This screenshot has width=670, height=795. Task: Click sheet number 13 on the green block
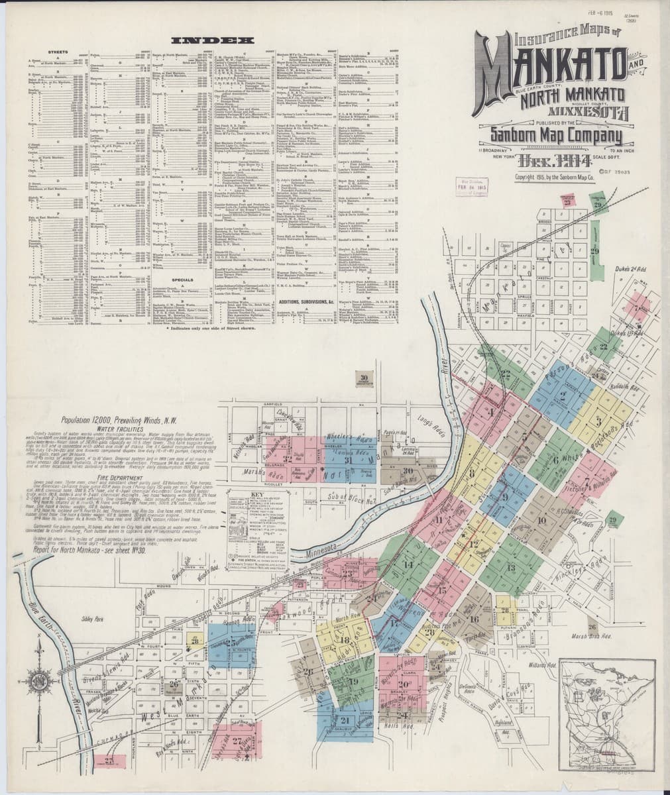click(510, 568)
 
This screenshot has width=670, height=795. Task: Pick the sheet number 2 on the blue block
click(563, 397)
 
